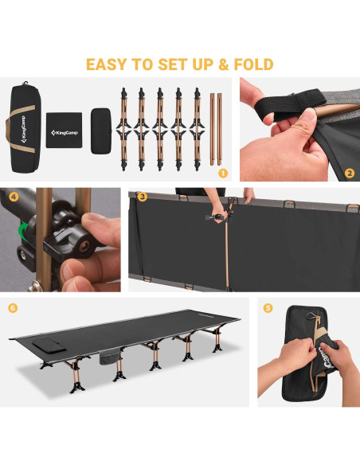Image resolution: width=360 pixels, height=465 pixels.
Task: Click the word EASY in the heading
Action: point(106,64)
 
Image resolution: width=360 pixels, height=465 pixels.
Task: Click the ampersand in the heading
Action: point(224,64)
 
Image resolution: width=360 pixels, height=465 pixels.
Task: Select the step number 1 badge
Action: point(223,174)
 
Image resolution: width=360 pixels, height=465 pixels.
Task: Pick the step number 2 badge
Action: point(350,174)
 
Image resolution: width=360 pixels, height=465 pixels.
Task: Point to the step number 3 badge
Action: point(143,197)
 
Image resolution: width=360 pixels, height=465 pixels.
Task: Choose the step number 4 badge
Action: point(14,197)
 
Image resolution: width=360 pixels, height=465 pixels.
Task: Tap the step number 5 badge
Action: point(268,308)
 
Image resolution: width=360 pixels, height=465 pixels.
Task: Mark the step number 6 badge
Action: point(13,308)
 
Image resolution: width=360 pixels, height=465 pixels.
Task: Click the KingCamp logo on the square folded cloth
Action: point(64,132)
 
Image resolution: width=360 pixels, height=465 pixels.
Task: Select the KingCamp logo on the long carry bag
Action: point(23,129)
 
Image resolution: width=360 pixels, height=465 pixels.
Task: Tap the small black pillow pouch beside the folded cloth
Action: point(101,131)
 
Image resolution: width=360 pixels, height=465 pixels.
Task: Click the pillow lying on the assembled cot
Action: point(49,345)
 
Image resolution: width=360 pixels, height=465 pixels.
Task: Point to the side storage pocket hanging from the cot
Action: point(109,356)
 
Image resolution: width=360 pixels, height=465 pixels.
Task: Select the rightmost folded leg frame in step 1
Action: point(197,129)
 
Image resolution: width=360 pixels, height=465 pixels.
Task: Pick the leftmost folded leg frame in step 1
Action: point(123,129)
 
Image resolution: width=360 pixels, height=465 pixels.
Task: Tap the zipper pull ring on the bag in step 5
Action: point(311,316)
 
